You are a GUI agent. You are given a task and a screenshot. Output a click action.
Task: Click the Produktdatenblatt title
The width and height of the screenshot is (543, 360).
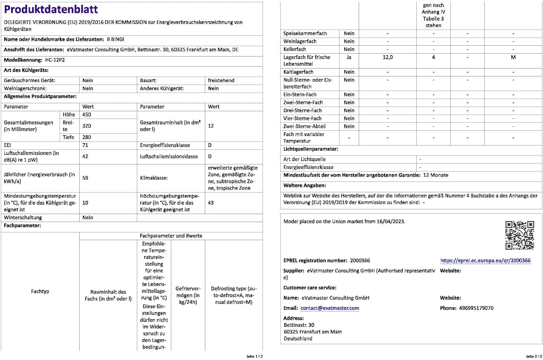[x=51, y=9]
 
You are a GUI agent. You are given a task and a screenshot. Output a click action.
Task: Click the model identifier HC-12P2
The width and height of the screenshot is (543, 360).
[x=55, y=60]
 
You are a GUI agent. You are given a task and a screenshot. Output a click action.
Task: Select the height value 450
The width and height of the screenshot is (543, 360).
[x=87, y=114]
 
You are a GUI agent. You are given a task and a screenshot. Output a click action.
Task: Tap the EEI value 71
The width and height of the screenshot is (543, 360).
[x=85, y=145]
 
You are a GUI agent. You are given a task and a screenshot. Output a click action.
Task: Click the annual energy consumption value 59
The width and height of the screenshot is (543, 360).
[x=85, y=178]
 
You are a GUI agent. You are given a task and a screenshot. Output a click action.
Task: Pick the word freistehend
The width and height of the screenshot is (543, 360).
[x=221, y=80]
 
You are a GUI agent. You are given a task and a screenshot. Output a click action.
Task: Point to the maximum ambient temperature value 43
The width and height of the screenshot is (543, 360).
[x=211, y=203]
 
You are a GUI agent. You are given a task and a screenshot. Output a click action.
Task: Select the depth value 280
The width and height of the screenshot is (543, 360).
[x=87, y=137]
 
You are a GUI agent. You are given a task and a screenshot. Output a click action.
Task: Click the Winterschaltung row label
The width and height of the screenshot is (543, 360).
[x=23, y=217]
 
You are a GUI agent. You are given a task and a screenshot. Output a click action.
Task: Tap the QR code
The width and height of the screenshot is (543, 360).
[x=519, y=235]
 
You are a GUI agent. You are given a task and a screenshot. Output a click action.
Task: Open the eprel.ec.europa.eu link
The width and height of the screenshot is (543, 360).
[x=485, y=260]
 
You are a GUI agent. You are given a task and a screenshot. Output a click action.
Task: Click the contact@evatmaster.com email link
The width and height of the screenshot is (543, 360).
[x=330, y=308]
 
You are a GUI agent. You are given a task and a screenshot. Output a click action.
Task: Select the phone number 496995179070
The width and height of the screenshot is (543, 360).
[x=476, y=308]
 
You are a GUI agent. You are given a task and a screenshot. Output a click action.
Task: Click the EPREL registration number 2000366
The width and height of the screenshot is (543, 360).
[x=360, y=260]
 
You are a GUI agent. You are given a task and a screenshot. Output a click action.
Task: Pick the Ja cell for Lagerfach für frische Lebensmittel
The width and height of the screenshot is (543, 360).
[x=349, y=57]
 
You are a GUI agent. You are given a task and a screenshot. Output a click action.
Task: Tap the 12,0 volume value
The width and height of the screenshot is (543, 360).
[x=388, y=57]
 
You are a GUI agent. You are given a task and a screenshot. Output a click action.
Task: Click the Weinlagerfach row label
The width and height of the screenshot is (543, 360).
[x=300, y=41]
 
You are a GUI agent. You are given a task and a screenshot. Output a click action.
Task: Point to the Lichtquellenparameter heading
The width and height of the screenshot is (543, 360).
[x=311, y=149]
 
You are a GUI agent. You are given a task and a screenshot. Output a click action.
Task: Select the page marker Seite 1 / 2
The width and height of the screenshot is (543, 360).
[x=254, y=356]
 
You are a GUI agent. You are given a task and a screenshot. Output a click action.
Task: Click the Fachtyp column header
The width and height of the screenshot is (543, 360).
[x=40, y=291]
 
